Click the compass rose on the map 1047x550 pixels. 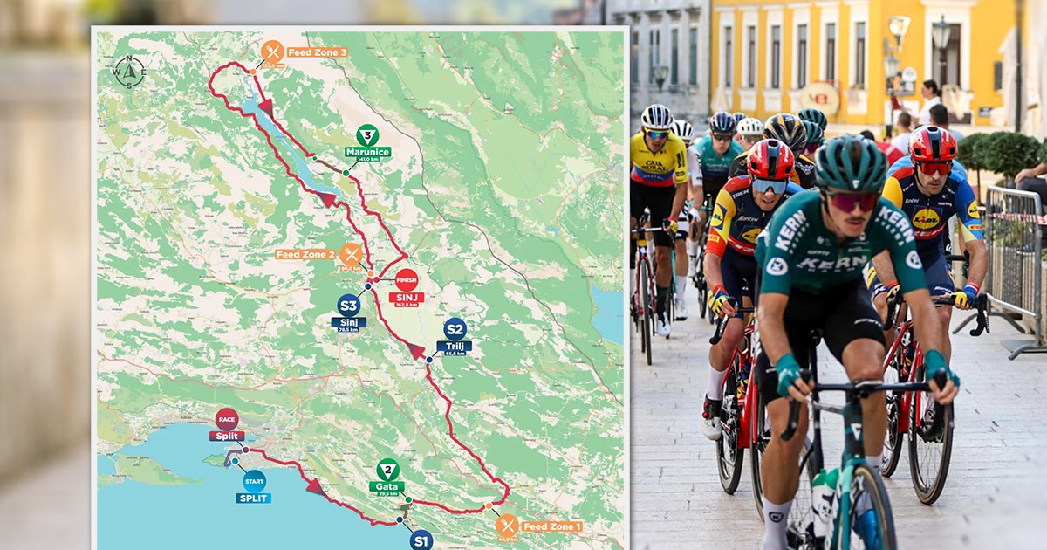[x=129, y=72]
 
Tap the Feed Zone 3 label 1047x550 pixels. [x=317, y=52]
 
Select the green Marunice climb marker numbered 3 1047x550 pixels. [x=367, y=135]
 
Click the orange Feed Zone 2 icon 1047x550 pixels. [x=351, y=255]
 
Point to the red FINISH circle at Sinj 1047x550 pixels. [x=407, y=280]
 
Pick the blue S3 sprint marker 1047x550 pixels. [x=349, y=305]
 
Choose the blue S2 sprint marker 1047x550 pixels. [x=455, y=329]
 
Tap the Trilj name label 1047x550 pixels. [x=455, y=346]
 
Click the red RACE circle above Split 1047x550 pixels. [x=227, y=419]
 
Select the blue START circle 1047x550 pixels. [x=254, y=480]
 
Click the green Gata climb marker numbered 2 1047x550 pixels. [x=387, y=470]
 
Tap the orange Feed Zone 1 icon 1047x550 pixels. [x=507, y=525]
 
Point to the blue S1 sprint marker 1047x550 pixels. [x=421, y=540]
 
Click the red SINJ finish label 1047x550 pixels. [x=407, y=298]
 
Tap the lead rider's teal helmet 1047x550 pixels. [x=850, y=164]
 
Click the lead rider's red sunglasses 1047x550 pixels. [x=852, y=202]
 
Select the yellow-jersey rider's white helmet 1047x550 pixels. [x=657, y=117]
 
